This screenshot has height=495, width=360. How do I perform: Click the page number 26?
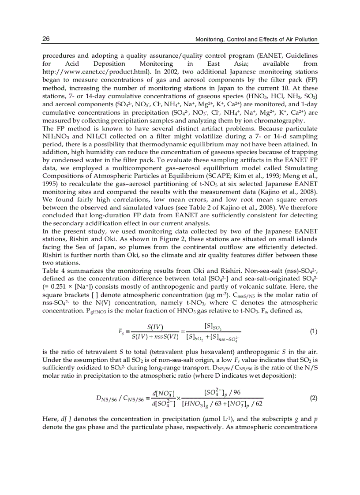[x=46, y=39]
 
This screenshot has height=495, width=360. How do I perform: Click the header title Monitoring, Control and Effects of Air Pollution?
[x=256, y=39]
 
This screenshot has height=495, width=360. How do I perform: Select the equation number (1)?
[x=313, y=331]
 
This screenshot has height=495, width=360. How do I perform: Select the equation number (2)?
[x=313, y=398]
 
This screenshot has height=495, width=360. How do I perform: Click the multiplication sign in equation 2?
[x=179, y=398]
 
